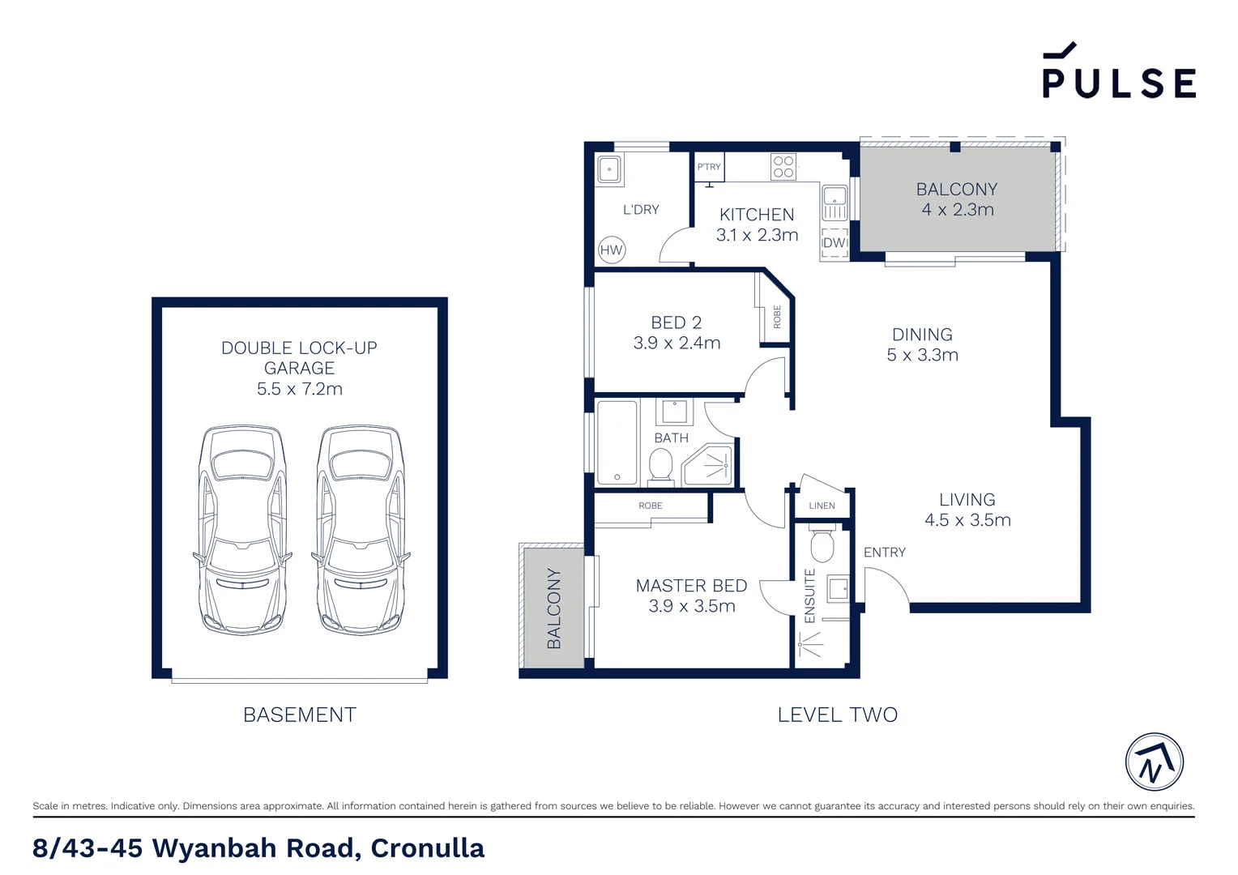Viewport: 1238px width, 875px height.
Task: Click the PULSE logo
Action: coord(1119,70)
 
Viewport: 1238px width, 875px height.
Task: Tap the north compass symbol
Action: coord(1155,762)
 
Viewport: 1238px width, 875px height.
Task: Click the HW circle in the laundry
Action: coord(611,250)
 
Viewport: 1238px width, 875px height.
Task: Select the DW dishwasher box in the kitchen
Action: coord(835,243)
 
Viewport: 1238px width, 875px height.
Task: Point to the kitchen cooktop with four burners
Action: coord(783,167)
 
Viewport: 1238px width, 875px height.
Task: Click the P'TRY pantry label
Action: coord(709,166)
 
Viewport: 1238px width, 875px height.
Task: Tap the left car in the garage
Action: coord(242,530)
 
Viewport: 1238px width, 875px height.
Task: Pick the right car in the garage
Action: coord(361,530)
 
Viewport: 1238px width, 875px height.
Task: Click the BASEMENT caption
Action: coord(300,715)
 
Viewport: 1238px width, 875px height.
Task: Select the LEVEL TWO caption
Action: coord(837,715)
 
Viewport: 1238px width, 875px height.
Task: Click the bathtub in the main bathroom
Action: coord(617,442)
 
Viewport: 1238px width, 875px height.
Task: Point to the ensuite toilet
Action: coord(822,545)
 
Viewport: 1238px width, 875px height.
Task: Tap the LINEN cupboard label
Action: coord(822,506)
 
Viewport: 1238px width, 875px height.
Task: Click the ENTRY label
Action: coord(884,553)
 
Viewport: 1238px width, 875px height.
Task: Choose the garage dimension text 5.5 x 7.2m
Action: coord(300,389)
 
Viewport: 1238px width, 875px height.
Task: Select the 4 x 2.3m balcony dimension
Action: coord(958,210)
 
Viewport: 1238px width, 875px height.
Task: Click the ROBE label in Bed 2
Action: coord(777,317)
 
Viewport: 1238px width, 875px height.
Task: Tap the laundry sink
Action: coord(609,169)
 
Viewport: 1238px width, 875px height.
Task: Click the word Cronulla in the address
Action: coord(427,848)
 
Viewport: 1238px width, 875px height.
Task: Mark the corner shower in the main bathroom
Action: coord(708,465)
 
